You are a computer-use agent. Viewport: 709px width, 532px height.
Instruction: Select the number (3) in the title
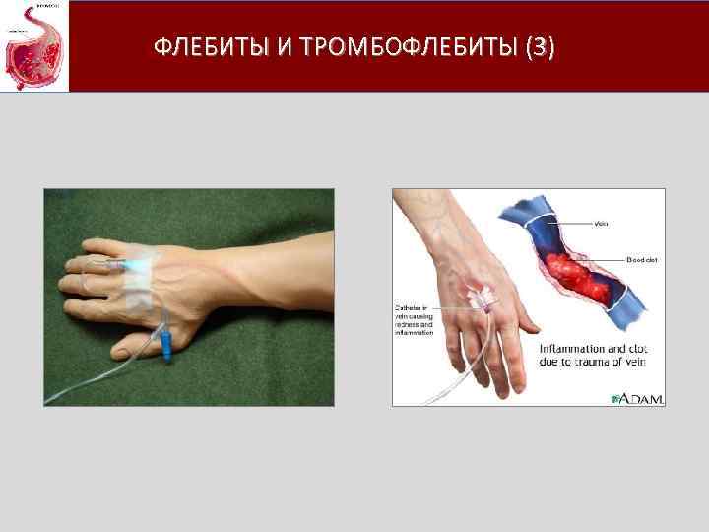tap(541, 46)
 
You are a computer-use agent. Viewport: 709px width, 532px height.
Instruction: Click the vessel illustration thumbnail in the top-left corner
tap(33, 45)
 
